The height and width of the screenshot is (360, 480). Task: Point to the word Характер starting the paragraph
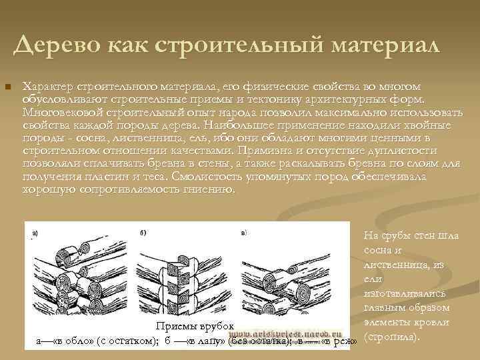[x=48, y=87]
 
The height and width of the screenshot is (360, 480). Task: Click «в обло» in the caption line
[x=71, y=341]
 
